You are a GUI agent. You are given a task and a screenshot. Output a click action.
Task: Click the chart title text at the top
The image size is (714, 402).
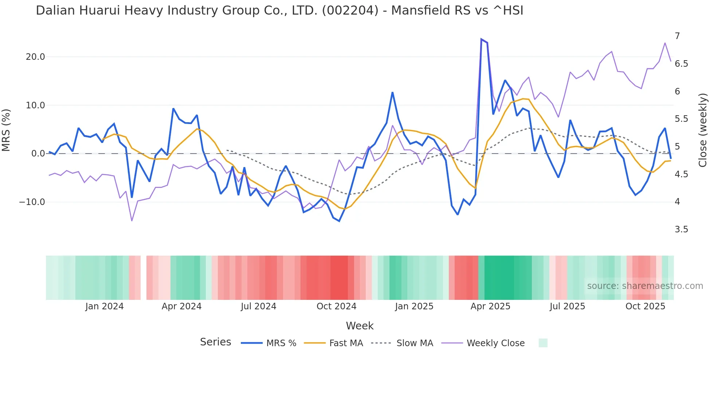click(x=279, y=11)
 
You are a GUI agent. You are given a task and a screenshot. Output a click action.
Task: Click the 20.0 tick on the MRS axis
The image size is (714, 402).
click(x=35, y=57)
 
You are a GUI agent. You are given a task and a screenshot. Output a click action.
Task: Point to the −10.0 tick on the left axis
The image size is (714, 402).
click(x=32, y=202)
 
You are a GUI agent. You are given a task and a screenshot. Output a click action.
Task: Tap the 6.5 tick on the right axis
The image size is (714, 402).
click(x=681, y=64)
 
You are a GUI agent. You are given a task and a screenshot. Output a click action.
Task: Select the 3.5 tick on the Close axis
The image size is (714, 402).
click(x=681, y=229)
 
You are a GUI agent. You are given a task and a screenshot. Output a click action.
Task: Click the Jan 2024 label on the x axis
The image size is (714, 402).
click(x=105, y=306)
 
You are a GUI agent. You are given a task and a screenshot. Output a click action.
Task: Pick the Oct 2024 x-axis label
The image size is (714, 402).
click(x=336, y=306)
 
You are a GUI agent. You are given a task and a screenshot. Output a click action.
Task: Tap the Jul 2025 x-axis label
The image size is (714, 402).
click(x=567, y=306)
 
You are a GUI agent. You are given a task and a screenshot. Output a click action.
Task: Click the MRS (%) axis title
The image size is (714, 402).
click(x=6, y=130)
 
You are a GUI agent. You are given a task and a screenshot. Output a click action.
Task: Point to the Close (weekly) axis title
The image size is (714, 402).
click(x=703, y=130)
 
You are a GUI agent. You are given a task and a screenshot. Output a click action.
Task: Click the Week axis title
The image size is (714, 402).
click(x=360, y=326)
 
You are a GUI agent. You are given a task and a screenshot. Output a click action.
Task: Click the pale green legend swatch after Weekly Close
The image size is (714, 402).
click(x=543, y=343)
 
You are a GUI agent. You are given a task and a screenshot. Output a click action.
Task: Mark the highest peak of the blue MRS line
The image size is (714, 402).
click(x=481, y=39)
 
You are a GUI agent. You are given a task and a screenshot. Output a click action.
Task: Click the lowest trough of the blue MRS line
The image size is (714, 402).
click(x=339, y=221)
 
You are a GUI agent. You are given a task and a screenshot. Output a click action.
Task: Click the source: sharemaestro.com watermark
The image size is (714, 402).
click(x=645, y=286)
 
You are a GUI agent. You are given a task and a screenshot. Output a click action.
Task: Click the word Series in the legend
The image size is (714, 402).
click(x=215, y=342)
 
